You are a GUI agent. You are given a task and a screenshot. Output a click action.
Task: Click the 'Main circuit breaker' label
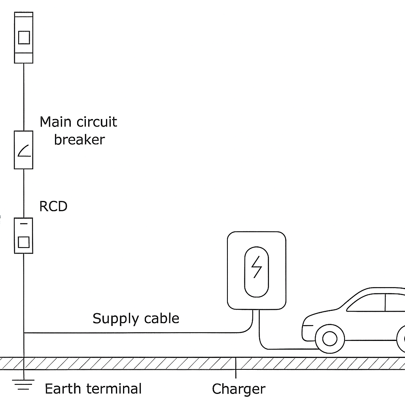79,131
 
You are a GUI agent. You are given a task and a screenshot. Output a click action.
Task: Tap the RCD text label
53,206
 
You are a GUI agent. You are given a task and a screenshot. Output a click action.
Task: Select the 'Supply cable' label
136,318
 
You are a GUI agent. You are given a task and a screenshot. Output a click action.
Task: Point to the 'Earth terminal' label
93,388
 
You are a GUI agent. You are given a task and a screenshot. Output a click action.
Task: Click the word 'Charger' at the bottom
238,389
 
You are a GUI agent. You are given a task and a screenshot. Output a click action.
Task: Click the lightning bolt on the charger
256,267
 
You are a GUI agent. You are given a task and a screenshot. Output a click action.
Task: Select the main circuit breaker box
23,150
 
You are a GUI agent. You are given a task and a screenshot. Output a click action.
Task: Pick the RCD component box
23,236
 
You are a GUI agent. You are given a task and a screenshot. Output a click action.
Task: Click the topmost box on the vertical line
23,38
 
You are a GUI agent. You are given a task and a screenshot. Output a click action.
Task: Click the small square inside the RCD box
23,242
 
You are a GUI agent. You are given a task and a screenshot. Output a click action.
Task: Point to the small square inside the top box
24,38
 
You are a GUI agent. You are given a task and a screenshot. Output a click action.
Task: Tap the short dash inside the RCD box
23,224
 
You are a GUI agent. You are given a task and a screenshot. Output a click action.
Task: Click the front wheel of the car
330,339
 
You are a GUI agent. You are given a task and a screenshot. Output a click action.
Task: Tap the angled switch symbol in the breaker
24,151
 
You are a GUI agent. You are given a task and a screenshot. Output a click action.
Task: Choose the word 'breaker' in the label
79,140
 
